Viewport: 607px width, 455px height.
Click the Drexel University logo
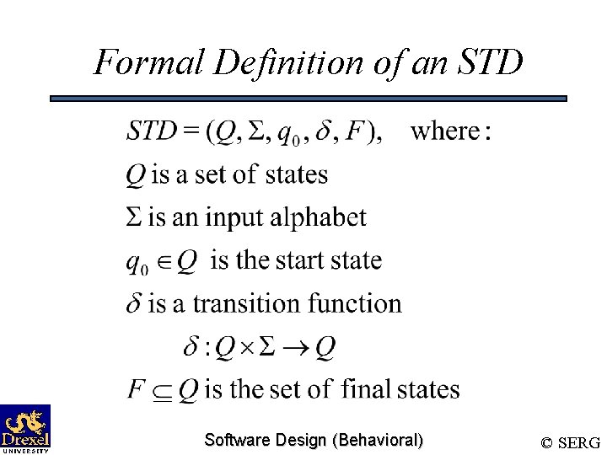pos(25,428)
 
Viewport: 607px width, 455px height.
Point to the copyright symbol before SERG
pos(547,442)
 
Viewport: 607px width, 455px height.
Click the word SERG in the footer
pos(580,442)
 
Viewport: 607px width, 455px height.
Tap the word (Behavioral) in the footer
pos(379,440)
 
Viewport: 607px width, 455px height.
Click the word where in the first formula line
pos(443,131)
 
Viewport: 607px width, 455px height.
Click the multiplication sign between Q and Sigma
pos(249,347)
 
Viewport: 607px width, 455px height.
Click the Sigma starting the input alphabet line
pos(134,217)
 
